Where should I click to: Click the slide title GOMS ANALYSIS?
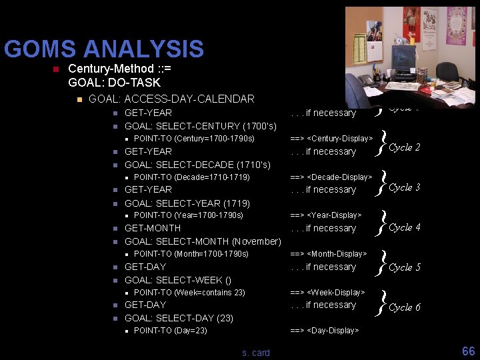[x=103, y=49]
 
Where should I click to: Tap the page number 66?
[x=468, y=351]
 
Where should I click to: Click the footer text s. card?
[x=256, y=353]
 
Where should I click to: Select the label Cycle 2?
[x=404, y=147]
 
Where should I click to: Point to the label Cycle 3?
[x=404, y=187]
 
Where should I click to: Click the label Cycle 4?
[x=404, y=227]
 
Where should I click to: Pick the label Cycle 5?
[x=404, y=267]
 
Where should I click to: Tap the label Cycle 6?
[x=404, y=307]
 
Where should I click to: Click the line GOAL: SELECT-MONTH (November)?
[x=203, y=241]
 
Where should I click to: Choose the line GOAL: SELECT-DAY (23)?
[x=179, y=318]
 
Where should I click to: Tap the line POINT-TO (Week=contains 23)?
[x=189, y=293]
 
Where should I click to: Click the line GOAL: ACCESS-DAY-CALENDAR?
[x=171, y=99]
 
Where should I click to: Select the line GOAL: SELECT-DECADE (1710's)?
[x=197, y=164]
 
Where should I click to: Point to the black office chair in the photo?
[x=447, y=73]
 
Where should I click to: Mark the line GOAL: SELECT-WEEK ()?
[x=178, y=280]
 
